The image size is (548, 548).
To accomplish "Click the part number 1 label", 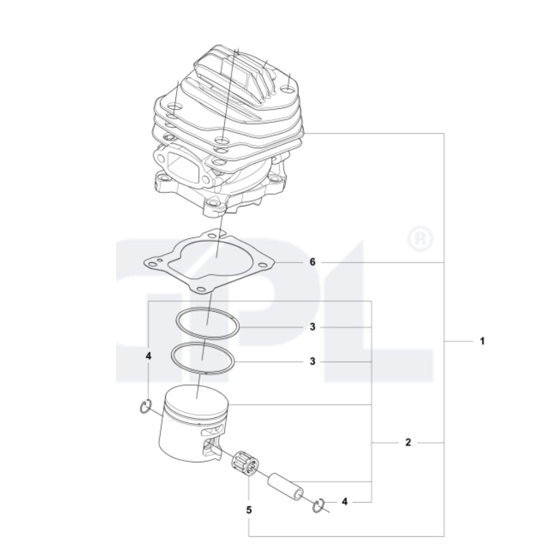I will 482,340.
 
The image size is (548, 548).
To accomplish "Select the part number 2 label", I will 408,443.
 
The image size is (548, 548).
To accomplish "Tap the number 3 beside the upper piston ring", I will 312,327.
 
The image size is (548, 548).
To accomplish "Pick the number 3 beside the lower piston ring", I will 312,362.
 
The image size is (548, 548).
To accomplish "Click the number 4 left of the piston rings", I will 148,356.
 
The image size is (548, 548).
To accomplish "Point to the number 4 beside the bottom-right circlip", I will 345,502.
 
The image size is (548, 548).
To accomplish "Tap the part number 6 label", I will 312,262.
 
